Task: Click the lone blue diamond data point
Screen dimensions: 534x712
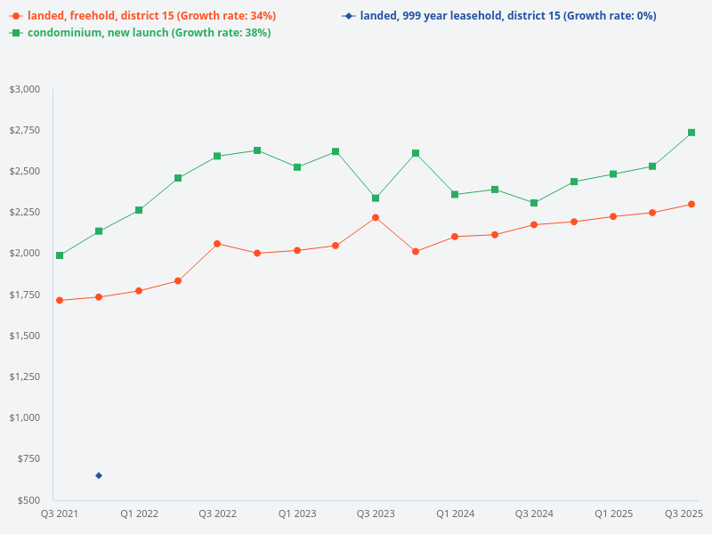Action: pyautogui.click(x=99, y=475)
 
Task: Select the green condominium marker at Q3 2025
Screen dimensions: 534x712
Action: pyautogui.click(x=692, y=133)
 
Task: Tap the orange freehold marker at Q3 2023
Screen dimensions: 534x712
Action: pyautogui.click(x=376, y=217)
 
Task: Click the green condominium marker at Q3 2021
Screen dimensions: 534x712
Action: pyautogui.click(x=60, y=255)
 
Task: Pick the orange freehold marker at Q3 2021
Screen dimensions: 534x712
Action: pyautogui.click(x=60, y=300)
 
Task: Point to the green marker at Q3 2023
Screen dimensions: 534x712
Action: pyautogui.click(x=376, y=198)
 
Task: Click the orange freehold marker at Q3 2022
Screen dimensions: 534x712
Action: pyautogui.click(x=217, y=243)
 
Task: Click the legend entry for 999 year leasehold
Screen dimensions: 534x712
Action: pyautogui.click(x=507, y=16)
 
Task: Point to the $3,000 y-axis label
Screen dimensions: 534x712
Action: pyautogui.click(x=25, y=89)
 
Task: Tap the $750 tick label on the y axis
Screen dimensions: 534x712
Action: pyautogui.click(x=29, y=458)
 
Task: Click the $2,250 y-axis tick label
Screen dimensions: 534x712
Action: pyautogui.click(x=25, y=212)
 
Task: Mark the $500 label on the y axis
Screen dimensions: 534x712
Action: pyautogui.click(x=29, y=500)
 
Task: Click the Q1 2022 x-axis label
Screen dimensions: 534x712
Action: pyautogui.click(x=139, y=514)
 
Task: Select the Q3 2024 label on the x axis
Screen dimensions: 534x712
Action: pyautogui.click(x=534, y=514)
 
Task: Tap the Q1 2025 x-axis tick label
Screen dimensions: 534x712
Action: pyautogui.click(x=613, y=514)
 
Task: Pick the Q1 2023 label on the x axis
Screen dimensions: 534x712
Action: pyautogui.click(x=296, y=514)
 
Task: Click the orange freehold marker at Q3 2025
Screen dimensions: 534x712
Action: pyautogui.click(x=692, y=204)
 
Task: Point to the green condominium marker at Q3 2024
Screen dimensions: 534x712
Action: pyautogui.click(x=534, y=203)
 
